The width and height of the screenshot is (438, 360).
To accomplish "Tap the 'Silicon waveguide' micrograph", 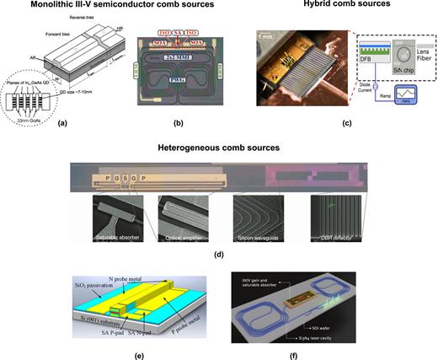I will point(254,221).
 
